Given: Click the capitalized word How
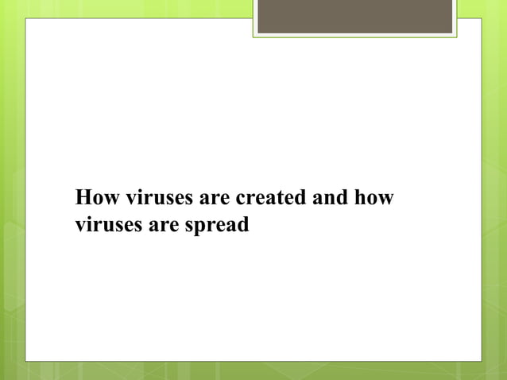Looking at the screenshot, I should [94, 197].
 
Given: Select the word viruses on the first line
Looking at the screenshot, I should [149, 197].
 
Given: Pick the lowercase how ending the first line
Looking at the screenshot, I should [374, 197].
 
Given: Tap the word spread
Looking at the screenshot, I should [216, 227].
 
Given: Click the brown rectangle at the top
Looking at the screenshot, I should [355, 16].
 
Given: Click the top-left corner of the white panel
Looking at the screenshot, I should [26, 19].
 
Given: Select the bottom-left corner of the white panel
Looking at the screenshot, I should [26, 361].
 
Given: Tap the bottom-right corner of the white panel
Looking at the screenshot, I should [481, 361].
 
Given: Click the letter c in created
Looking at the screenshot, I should [241, 198].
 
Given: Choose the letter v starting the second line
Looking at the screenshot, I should [80, 227].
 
